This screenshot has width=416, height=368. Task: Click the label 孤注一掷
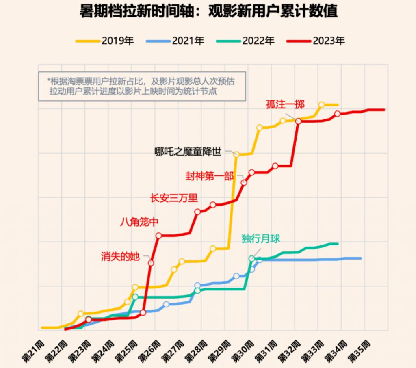[x=285, y=104]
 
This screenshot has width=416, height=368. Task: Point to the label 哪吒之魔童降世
[x=188, y=152]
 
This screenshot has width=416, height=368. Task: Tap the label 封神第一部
[x=210, y=176]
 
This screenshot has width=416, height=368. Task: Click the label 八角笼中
[x=139, y=222]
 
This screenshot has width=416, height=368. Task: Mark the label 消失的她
[x=120, y=256]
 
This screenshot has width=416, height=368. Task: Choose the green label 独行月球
[x=261, y=238]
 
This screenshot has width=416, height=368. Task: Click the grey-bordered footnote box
[x=142, y=86]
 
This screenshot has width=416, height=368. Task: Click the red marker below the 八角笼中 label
[x=158, y=236]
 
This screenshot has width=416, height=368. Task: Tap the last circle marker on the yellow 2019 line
[x=322, y=105]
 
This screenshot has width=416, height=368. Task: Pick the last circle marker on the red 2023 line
[x=337, y=114]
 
